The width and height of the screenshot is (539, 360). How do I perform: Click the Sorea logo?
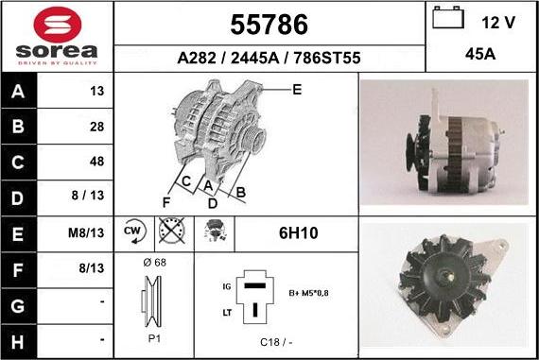pyautogui.click(x=57, y=36)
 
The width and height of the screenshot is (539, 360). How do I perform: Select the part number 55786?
pyautogui.click(x=269, y=24)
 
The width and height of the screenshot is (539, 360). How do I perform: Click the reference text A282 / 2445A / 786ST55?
pyautogui.click(x=269, y=58)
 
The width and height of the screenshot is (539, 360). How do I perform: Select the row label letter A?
pyautogui.click(x=19, y=92)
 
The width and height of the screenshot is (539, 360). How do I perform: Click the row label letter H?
pyautogui.click(x=19, y=339)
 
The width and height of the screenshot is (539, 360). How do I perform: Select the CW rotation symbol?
pyautogui.click(x=132, y=231)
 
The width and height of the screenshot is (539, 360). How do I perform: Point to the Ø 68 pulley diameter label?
pyautogui.click(x=154, y=262)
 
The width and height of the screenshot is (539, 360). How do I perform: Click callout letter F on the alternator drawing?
pyautogui.click(x=166, y=202)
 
